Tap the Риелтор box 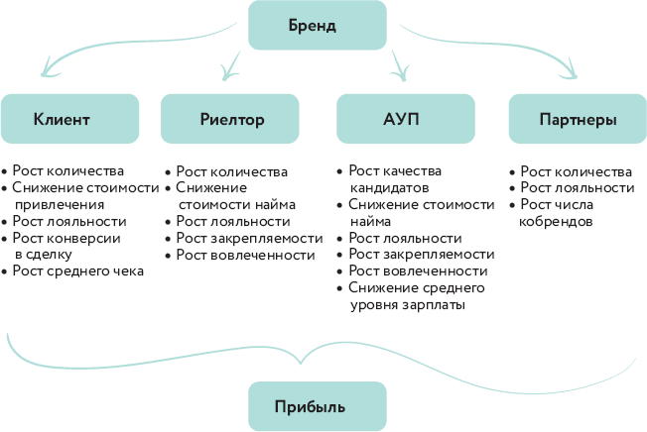pos(230,119)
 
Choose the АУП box pos(403,119)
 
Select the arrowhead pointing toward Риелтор pos(228,71)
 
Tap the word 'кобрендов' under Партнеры pos(556,221)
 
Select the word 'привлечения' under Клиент pos(65,204)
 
